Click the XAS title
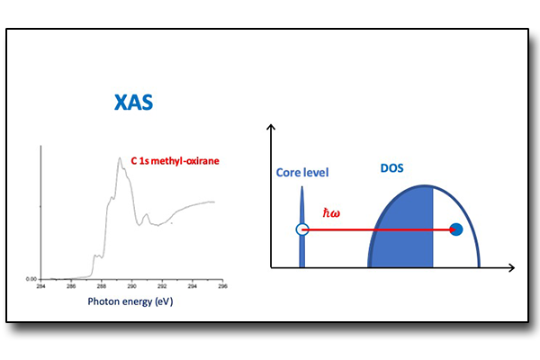134,102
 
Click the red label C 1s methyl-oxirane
175,161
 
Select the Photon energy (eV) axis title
130,301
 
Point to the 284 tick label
40,287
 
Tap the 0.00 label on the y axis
31,279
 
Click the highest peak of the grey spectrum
120,159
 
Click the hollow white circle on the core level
302,230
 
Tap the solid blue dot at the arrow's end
456,229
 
